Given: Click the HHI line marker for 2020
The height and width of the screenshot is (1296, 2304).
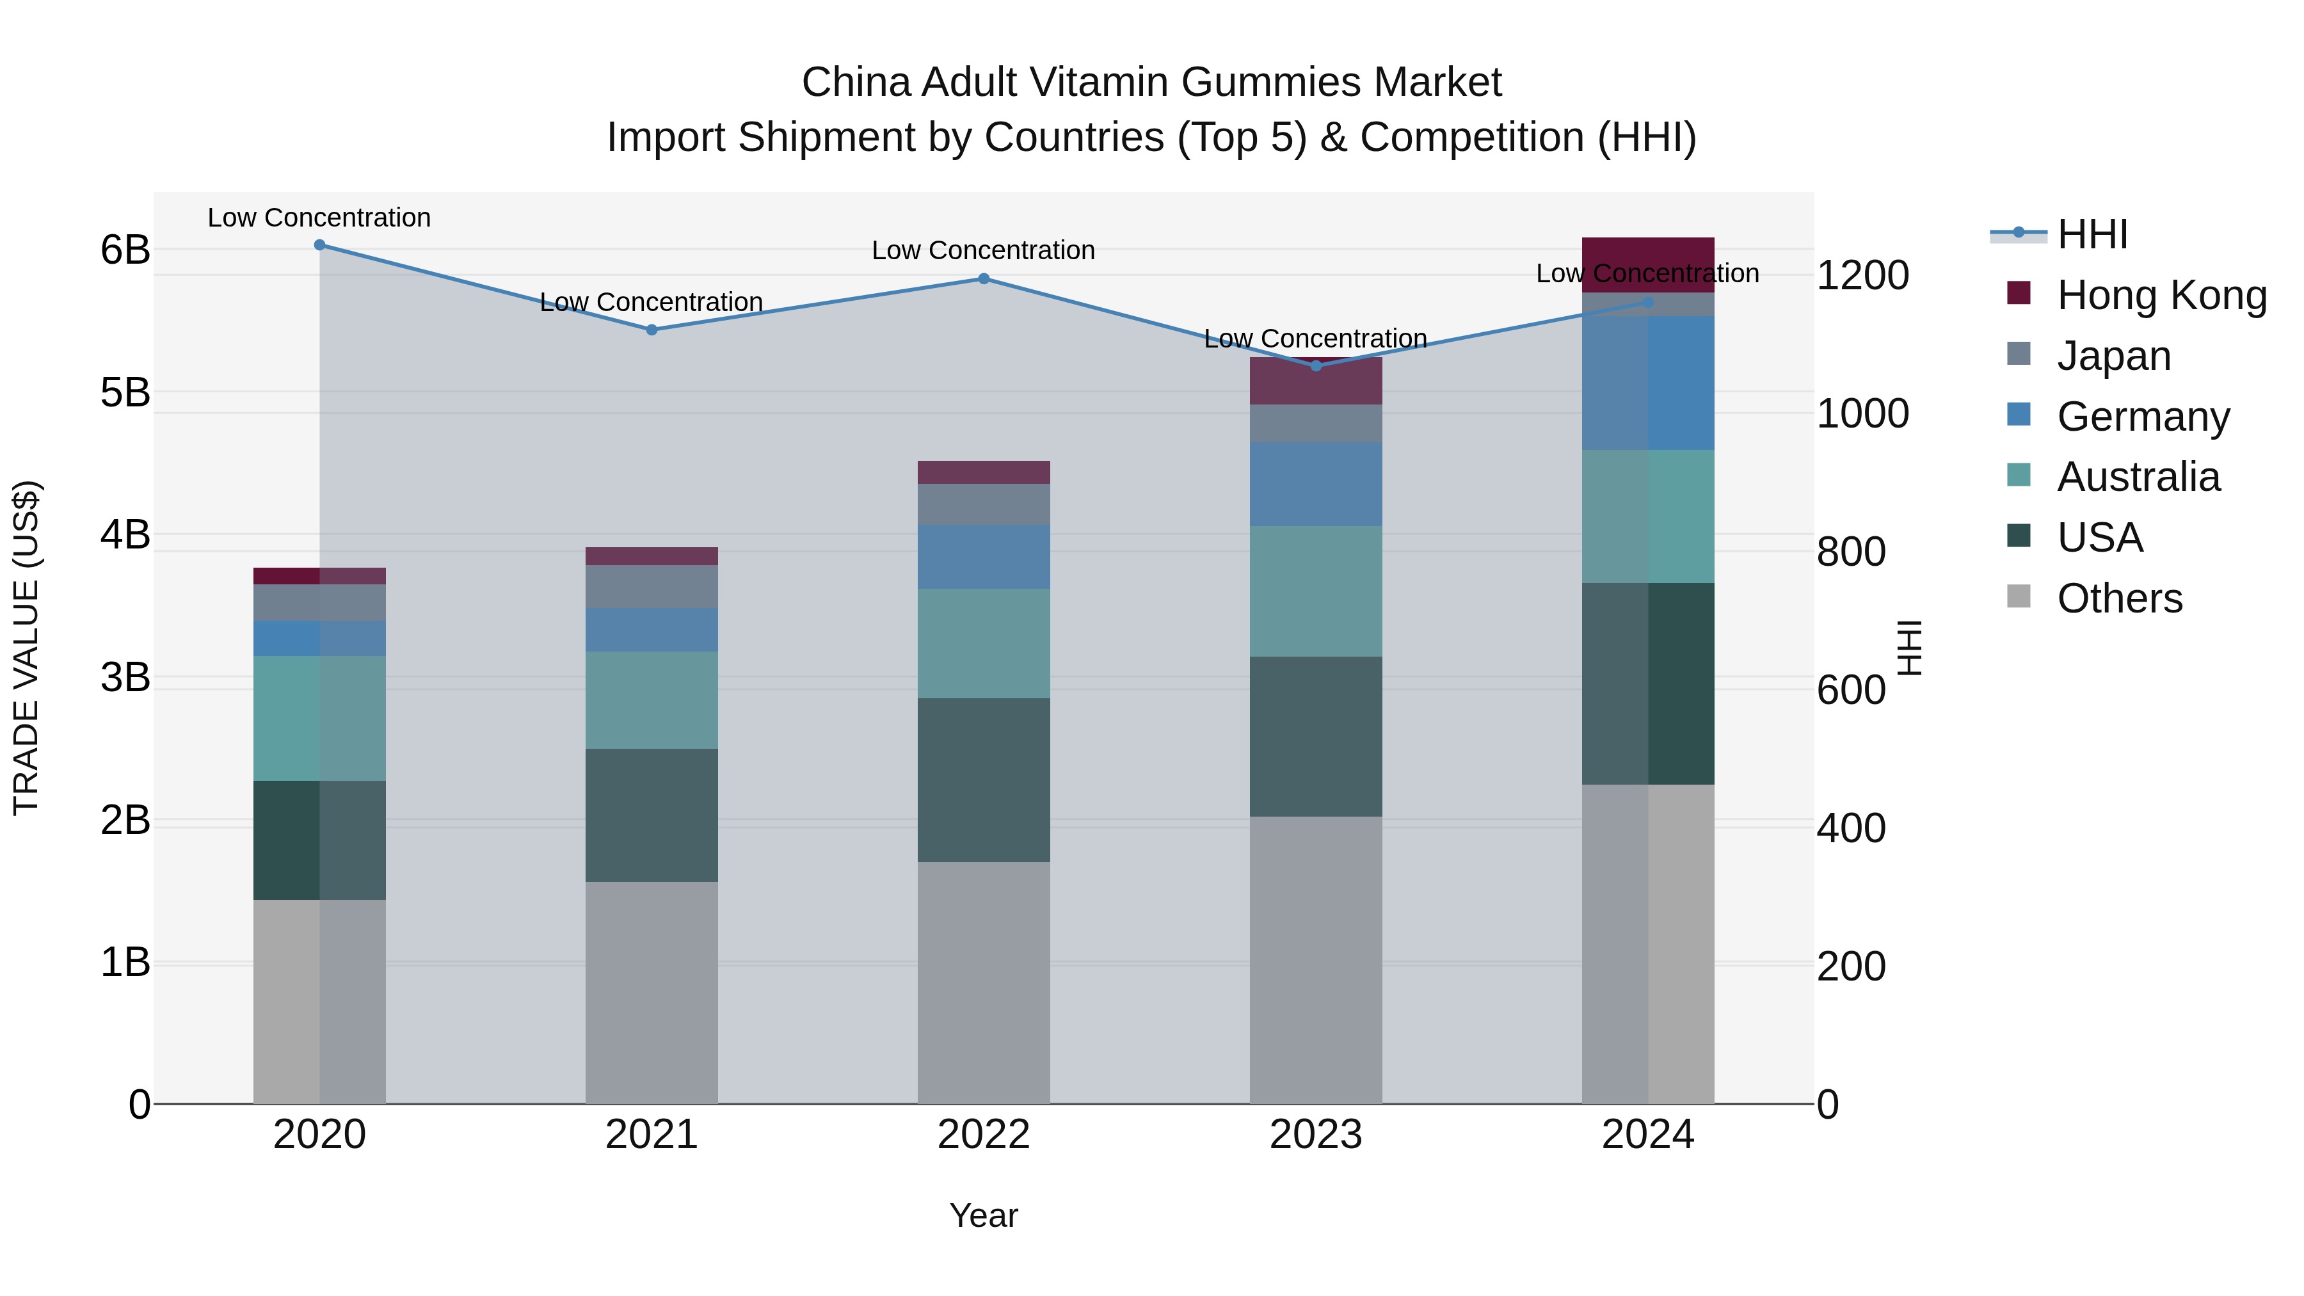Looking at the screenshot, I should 319,245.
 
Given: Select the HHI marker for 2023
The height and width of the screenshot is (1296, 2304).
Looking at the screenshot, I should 1316,366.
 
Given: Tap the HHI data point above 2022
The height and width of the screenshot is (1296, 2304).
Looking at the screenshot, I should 984,279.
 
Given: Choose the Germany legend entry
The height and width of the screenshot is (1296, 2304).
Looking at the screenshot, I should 2143,417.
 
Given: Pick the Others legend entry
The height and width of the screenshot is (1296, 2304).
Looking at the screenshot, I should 2119,598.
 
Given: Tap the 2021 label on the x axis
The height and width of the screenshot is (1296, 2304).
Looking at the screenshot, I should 651,1135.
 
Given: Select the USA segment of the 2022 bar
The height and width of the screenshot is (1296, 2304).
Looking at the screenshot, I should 984,780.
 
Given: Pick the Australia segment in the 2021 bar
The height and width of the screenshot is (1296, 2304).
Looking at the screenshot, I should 651,700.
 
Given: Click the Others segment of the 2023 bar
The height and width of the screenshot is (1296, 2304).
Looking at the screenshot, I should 1316,960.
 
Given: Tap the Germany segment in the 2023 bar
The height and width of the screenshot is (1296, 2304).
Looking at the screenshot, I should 1316,484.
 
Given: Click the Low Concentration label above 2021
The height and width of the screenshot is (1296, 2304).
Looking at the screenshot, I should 651,302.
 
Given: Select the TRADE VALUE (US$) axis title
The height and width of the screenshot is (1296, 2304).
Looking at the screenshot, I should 27,648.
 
